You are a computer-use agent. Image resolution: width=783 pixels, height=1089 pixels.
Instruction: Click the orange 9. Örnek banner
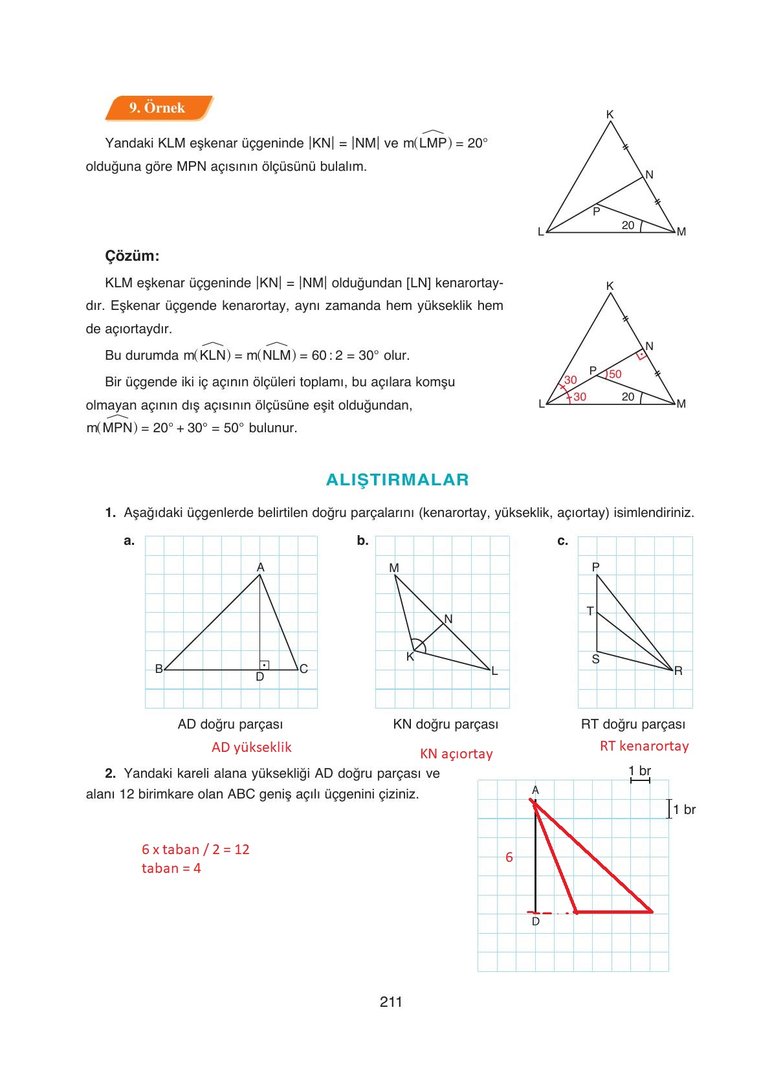pyautogui.click(x=157, y=108)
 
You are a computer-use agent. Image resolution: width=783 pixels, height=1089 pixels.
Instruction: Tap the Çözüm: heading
pyautogui.click(x=132, y=256)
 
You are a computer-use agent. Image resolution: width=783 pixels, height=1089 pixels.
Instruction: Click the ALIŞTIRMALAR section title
pyautogui.click(x=397, y=479)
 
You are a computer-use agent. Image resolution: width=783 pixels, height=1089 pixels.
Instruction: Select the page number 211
pyautogui.click(x=391, y=1002)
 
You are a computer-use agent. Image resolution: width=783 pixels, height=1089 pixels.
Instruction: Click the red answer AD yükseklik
pyautogui.click(x=251, y=747)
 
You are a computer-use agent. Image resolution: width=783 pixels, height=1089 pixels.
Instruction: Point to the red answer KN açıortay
pyautogui.click(x=456, y=754)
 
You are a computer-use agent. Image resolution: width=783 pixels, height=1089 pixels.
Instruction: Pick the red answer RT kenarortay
pyautogui.click(x=644, y=746)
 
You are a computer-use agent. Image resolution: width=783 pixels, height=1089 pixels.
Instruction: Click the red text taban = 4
pyautogui.click(x=171, y=868)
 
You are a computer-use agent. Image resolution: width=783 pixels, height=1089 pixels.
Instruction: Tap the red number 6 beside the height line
pyautogui.click(x=509, y=857)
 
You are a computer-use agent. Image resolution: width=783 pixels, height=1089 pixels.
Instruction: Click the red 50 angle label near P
pyautogui.click(x=615, y=374)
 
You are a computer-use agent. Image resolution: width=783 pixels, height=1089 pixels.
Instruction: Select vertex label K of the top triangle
pyautogui.click(x=610, y=115)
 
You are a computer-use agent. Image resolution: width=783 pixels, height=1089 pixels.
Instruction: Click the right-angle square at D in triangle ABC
pyautogui.click(x=264, y=665)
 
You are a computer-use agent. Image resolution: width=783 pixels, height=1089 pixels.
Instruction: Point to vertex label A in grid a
pyautogui.click(x=260, y=567)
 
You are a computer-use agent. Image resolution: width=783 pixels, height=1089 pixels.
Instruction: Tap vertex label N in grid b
pyautogui.click(x=448, y=619)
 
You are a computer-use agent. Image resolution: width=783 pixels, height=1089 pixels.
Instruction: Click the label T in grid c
pyautogui.click(x=590, y=611)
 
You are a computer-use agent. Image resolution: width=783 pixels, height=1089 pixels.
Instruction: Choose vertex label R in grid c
pyautogui.click(x=678, y=671)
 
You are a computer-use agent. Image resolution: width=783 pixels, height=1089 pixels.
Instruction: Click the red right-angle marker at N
pyautogui.click(x=641, y=355)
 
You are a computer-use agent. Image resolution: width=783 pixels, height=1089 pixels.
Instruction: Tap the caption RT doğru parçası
pyautogui.click(x=633, y=724)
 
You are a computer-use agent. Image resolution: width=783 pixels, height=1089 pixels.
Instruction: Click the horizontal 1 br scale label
pyautogui.click(x=639, y=771)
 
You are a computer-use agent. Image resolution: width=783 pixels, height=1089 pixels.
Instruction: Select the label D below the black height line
pyautogui.click(x=535, y=921)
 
